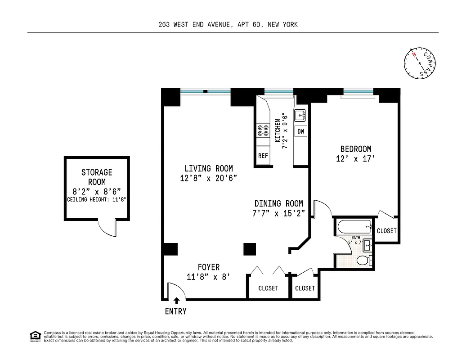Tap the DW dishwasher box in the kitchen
pos(301,131)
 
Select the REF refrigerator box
pos(263,156)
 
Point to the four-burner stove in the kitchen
pos(263,131)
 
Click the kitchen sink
pos(300,116)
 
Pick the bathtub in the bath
pos(353,226)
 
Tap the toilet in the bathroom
pos(363,260)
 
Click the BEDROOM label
pos(355,149)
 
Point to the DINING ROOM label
pos(278,203)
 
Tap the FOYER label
pos(209,267)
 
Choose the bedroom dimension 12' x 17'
pos(355,159)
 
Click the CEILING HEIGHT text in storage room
pos(97,199)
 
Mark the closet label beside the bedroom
pos(387,231)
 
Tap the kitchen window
pos(279,92)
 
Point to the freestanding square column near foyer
pos(250,249)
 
